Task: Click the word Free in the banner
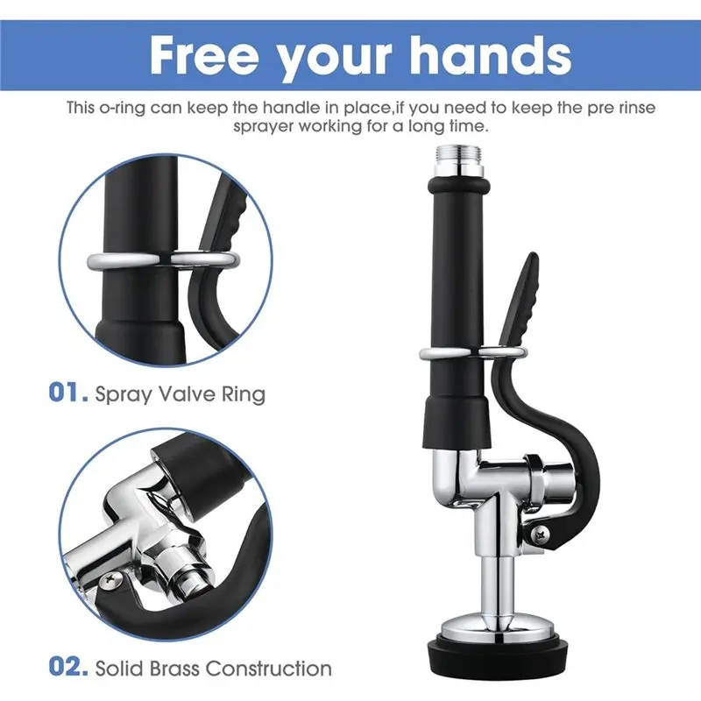coord(205,56)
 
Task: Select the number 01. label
coord(68,393)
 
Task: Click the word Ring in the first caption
coord(244,395)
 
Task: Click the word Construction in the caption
coord(269,669)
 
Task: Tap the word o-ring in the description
coord(121,108)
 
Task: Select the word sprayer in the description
coord(264,126)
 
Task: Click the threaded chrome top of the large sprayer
coord(458,160)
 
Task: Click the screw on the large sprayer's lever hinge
coord(539,534)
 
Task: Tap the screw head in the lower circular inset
coord(110,580)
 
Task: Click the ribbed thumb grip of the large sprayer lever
coord(521,301)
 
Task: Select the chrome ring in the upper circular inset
coord(163,260)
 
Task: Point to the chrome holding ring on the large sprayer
coord(472,353)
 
